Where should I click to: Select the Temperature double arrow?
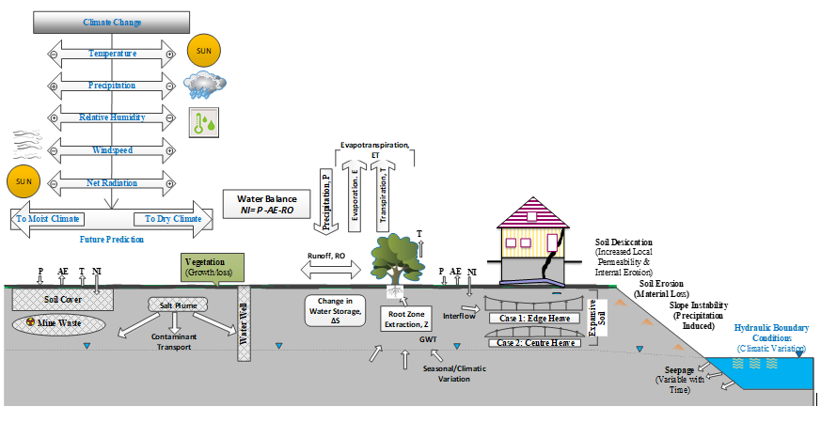click(x=112, y=54)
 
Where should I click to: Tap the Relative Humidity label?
click(x=112, y=117)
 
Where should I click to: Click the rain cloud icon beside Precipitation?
click(x=206, y=86)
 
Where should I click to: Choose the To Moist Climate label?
click(x=48, y=219)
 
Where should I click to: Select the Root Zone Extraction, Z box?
click(x=409, y=320)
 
